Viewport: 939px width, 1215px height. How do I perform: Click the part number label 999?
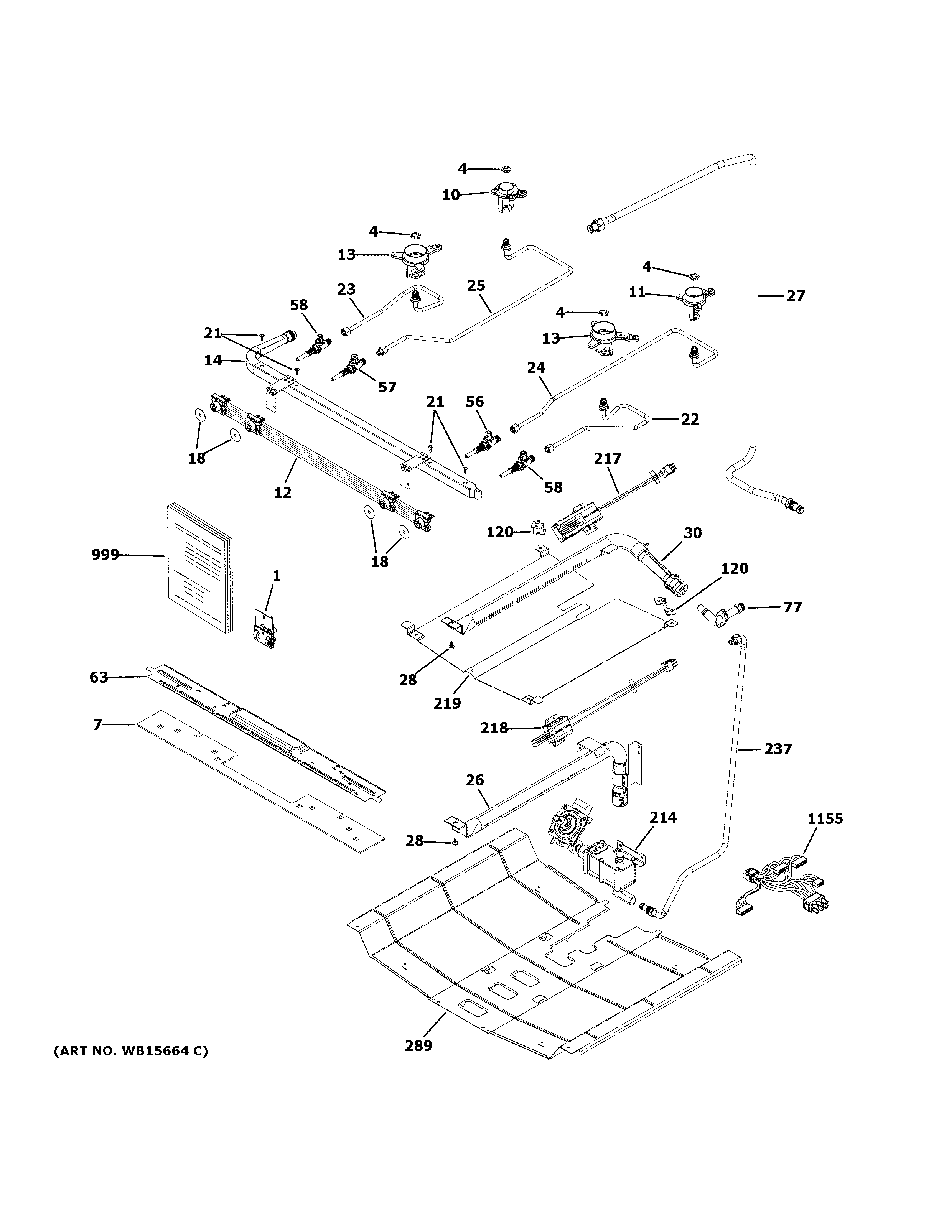click(x=105, y=555)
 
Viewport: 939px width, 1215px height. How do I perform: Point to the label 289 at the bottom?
click(x=418, y=1046)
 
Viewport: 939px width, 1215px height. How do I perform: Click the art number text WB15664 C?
click(x=131, y=1052)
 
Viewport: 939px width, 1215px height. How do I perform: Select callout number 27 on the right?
click(x=796, y=296)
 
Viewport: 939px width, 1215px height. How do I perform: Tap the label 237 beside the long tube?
click(x=778, y=749)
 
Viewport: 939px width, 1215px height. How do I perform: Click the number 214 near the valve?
click(x=663, y=817)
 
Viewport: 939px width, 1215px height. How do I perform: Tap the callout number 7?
click(x=98, y=724)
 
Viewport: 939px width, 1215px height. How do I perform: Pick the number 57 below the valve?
click(x=387, y=387)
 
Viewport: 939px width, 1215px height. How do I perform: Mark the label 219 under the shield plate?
click(x=447, y=704)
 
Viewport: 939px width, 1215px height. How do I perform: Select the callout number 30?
click(x=693, y=533)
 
